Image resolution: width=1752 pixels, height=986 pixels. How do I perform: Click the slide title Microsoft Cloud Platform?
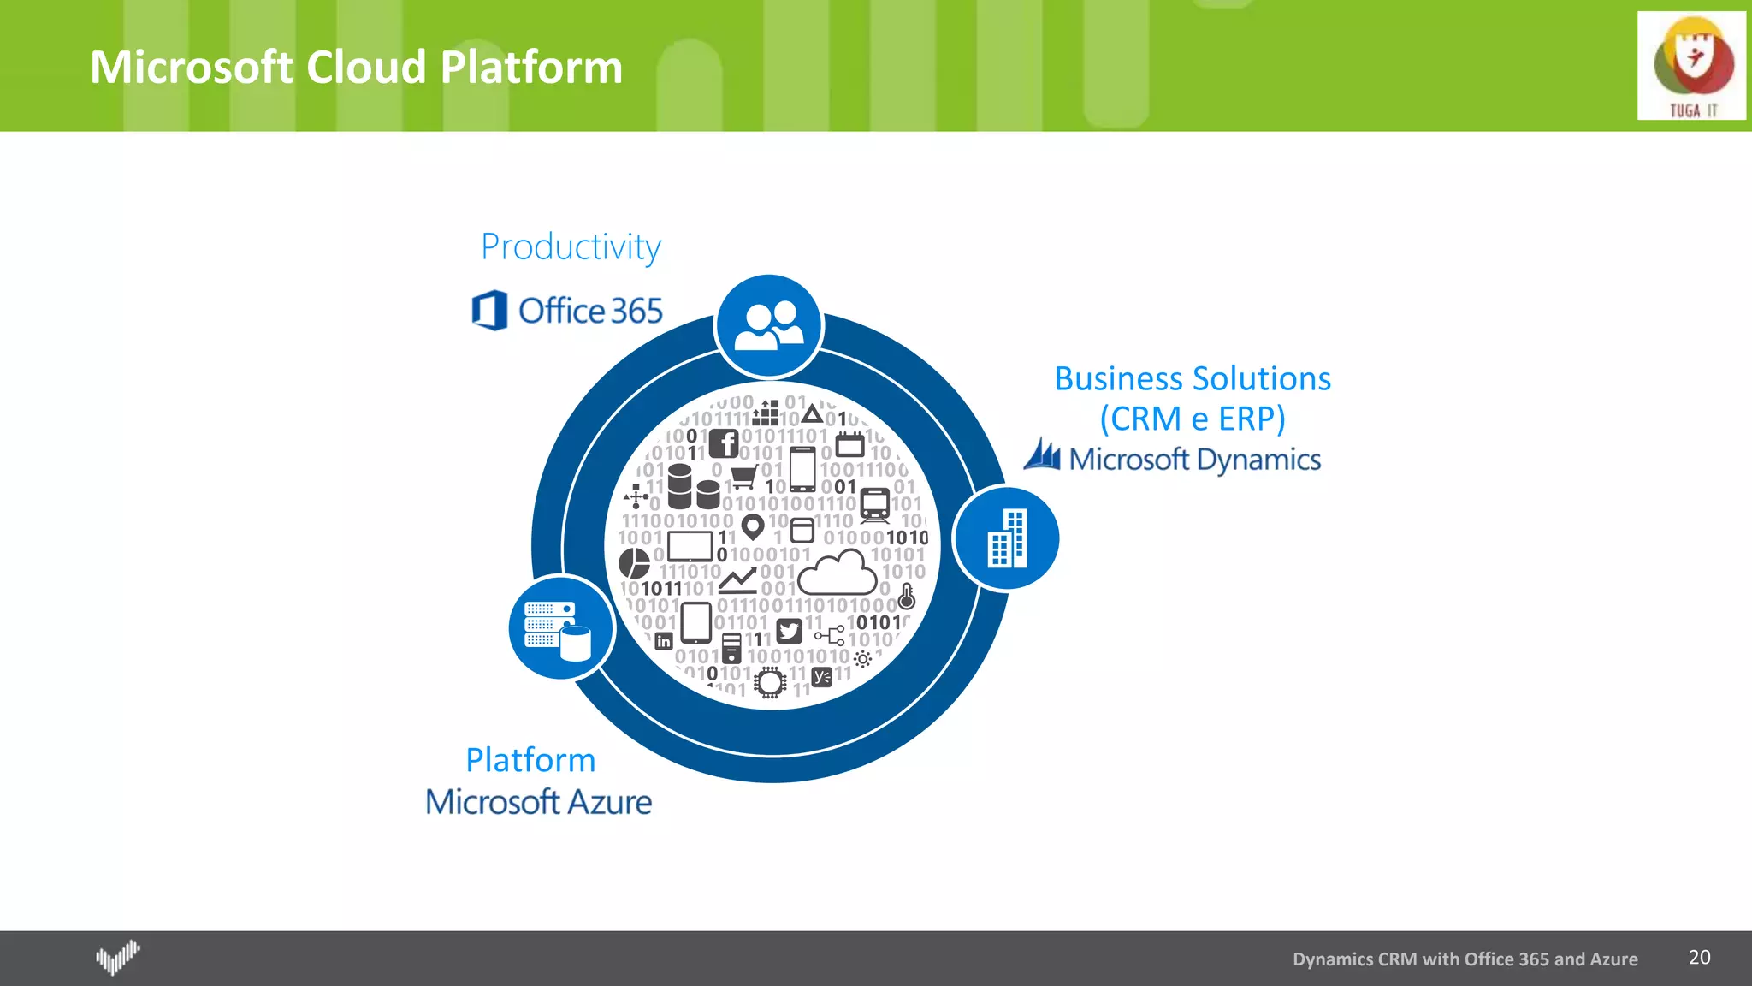coord(356,67)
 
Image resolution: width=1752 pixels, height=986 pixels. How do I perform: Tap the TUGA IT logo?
coord(1691,66)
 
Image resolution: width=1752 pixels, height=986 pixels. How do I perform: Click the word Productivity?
coord(571,247)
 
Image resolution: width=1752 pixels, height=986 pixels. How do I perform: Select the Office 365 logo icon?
coord(489,310)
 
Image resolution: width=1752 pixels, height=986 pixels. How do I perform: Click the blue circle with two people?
coord(768,326)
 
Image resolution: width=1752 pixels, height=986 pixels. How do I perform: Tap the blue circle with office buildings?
coord(1007,538)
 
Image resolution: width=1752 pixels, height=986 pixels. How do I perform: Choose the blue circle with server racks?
coord(560,628)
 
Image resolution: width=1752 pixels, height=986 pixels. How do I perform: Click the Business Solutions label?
coord(1192,378)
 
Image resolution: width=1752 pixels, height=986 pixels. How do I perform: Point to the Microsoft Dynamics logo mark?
coord(1043,455)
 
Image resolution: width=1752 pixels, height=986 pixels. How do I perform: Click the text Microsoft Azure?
coord(538,802)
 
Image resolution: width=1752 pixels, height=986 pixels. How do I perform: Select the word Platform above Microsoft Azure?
coord(530,760)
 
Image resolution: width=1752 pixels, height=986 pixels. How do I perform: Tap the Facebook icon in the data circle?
coord(724,443)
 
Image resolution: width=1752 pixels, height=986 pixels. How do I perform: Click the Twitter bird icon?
coord(789,632)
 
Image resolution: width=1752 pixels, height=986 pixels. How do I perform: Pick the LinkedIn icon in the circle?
coord(664,641)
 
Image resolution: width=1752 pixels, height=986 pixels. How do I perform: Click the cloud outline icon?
coord(838,574)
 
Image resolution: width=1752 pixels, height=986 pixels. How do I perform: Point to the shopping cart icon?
coord(743,475)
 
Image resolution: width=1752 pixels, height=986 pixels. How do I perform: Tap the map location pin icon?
coord(752,526)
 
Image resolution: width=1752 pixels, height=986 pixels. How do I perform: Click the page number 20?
coord(1699,957)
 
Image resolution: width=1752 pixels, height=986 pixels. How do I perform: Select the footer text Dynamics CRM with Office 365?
coord(1465,959)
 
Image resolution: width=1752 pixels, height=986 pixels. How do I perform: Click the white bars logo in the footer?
coord(117,957)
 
